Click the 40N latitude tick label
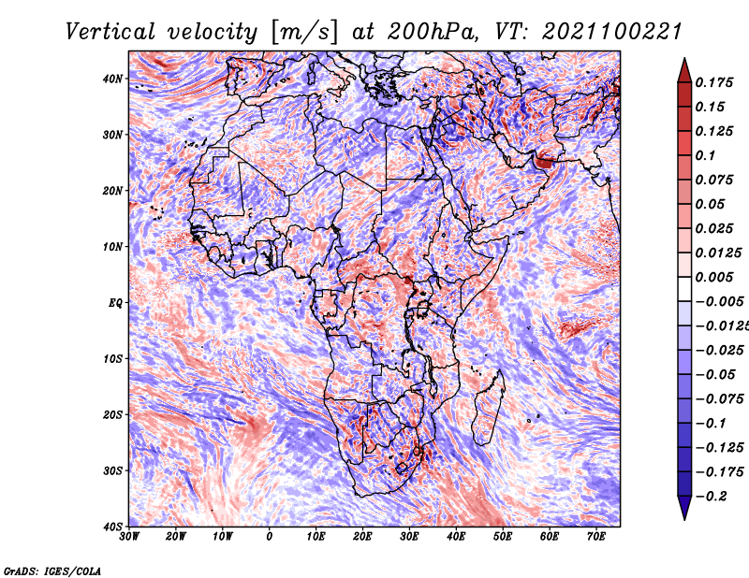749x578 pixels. (112, 79)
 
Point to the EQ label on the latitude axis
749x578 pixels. (115, 303)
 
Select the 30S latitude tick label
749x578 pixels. (112, 470)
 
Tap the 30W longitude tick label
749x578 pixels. (129, 537)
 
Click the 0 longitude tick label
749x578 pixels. (270, 537)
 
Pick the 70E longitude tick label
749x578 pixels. (596, 537)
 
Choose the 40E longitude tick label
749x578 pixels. (456, 537)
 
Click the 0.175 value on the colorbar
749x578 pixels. (713, 82)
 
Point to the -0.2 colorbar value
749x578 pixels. (712, 496)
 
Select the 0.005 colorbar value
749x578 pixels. (713, 277)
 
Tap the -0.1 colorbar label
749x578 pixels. (712, 423)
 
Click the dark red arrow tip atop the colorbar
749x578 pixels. (684, 59)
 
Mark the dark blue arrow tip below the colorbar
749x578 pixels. (684, 518)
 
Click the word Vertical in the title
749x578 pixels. (110, 32)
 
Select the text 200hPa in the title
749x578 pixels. (432, 32)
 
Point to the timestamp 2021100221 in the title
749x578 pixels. (611, 32)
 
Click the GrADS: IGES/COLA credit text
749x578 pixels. (52, 571)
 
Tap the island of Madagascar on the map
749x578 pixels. (488, 408)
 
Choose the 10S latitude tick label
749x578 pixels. (112, 358)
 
